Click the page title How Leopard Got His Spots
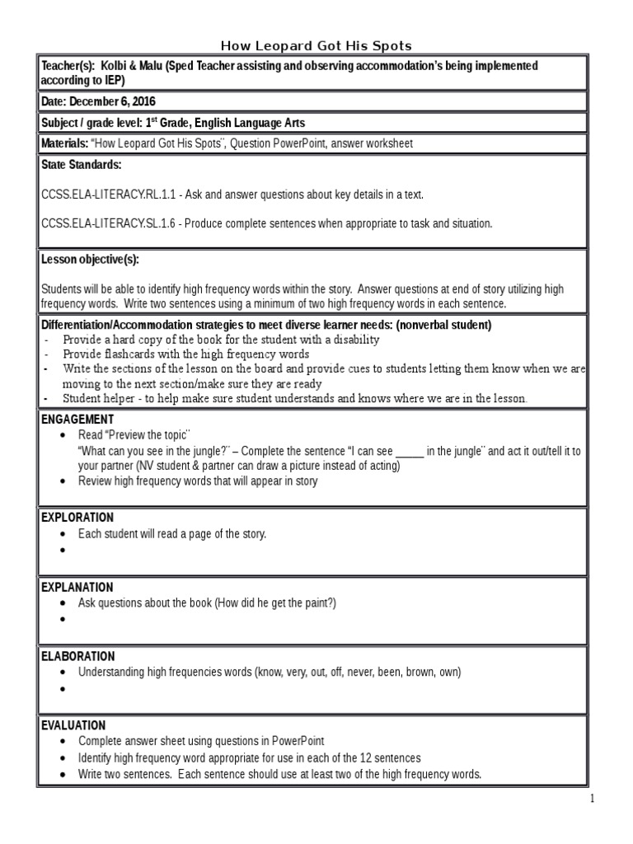tap(316, 45)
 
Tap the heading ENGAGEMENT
tap(77, 420)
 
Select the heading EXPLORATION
tap(77, 518)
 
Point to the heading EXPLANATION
tap(77, 587)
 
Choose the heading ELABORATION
tap(78, 656)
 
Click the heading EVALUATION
tap(73, 725)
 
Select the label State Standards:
tap(81, 165)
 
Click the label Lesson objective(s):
tap(90, 260)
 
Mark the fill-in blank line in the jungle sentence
tap(410, 452)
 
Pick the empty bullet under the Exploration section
tap(62, 549)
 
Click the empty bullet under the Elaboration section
tap(62, 687)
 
